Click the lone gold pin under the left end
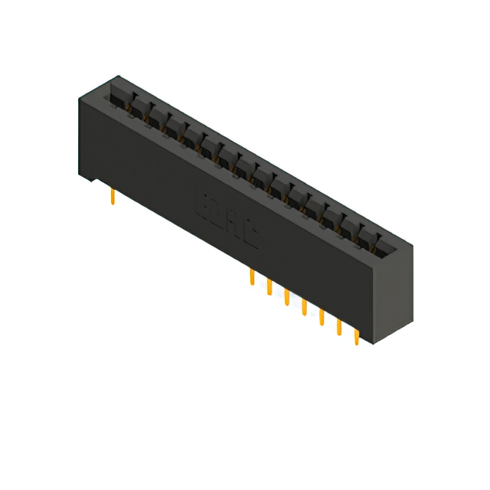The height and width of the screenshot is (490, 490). [x=113, y=198]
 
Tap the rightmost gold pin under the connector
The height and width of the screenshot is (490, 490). [x=356, y=336]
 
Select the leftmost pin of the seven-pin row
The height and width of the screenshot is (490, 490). [x=252, y=277]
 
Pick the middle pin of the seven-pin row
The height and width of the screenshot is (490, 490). [x=304, y=306]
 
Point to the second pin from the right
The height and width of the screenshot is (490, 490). [x=338, y=327]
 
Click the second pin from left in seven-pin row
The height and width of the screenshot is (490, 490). [x=269, y=287]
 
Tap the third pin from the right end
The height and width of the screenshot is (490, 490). [x=322, y=317]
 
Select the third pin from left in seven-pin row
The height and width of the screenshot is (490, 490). [x=287, y=297]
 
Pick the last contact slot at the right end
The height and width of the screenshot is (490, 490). [x=386, y=245]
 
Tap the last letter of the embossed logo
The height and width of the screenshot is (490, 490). [x=251, y=237]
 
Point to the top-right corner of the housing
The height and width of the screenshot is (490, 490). [x=413, y=245]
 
